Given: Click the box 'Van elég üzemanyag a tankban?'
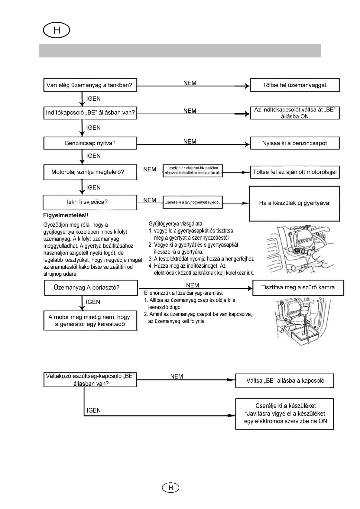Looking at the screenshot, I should coord(90,85).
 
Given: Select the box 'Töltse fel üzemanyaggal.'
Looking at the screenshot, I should coord(295,85).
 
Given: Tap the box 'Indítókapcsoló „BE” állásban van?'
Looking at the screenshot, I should coord(90,113).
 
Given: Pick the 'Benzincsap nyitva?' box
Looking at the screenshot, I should coord(90,143).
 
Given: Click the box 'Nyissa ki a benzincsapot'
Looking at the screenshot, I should coord(295,143).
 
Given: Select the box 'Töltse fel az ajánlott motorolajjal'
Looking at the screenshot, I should coord(295,172).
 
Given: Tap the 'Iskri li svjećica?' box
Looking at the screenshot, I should coord(90,202).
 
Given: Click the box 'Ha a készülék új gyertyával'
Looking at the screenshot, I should coord(294,203).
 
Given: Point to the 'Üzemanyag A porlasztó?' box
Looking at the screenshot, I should coord(91,287).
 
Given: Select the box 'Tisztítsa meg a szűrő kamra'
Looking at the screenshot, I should coord(298,287).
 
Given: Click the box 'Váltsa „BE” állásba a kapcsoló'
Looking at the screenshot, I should coord(284,381).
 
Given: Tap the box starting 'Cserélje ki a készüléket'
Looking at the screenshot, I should coord(284,413).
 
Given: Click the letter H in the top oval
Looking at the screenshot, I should coord(57,30).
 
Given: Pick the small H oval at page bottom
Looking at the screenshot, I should coord(170,488).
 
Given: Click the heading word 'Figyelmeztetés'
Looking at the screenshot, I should coord(64,216).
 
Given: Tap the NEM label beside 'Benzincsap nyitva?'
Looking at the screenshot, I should coord(190,141).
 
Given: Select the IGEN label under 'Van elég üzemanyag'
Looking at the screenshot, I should coord(93,99).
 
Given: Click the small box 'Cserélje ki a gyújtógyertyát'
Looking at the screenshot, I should coord(193,202).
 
